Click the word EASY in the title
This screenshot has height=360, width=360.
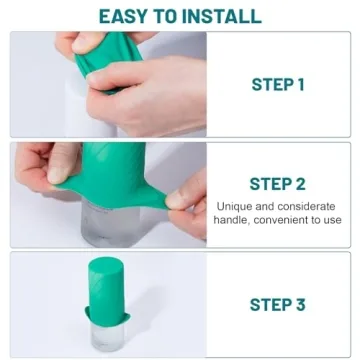(x=126, y=15)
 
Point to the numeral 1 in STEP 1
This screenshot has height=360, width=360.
(x=300, y=85)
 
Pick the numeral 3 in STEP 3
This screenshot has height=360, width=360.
(x=300, y=304)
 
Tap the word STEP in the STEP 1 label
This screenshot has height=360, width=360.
(x=270, y=85)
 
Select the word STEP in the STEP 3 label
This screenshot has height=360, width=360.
(x=270, y=304)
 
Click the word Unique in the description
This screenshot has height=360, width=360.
(x=237, y=205)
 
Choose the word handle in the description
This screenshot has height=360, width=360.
(x=231, y=219)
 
